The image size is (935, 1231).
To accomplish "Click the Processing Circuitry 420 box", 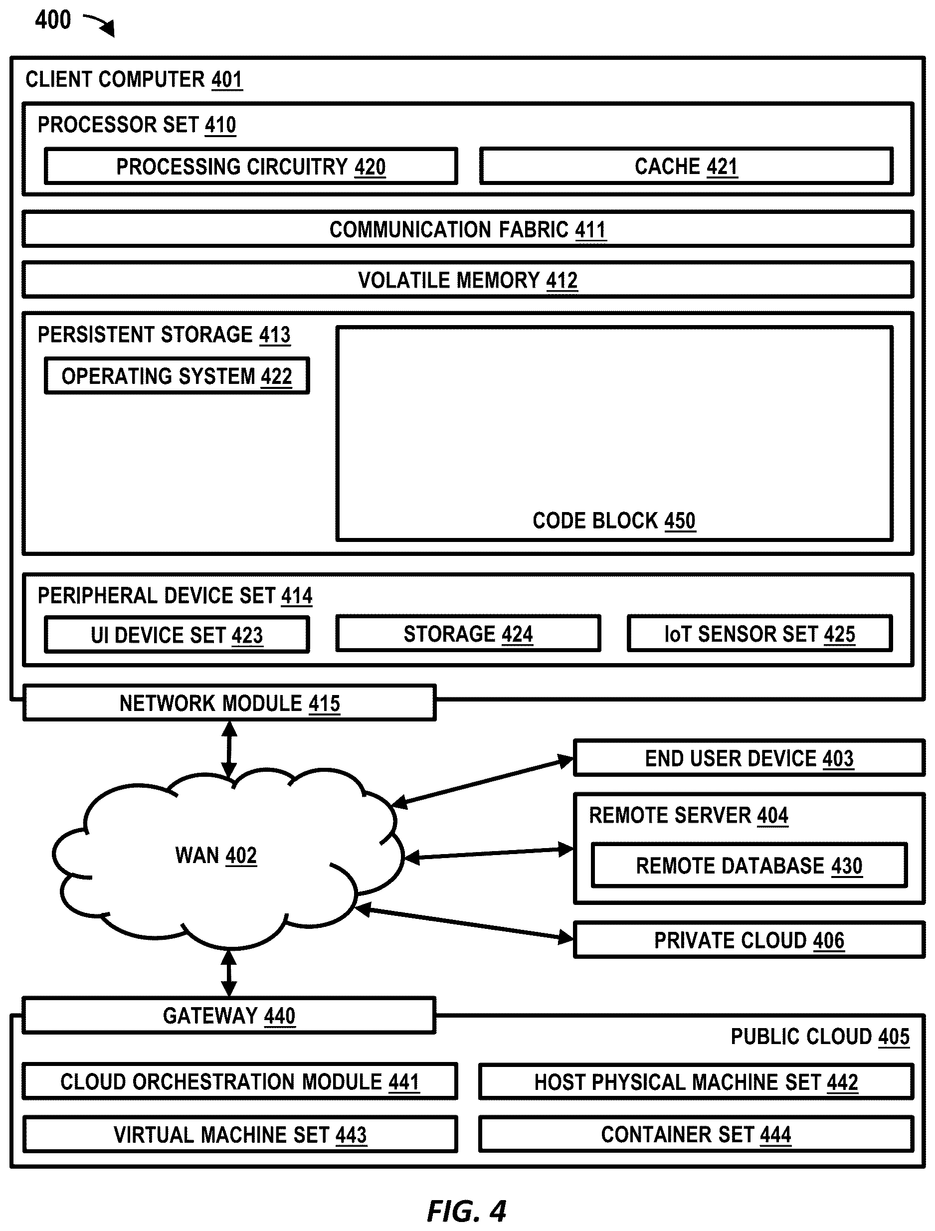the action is click(x=251, y=166).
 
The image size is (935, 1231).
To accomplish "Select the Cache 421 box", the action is click(x=686, y=166).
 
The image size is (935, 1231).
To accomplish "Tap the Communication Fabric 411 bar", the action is click(x=468, y=229).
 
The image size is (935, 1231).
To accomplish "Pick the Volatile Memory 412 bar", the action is click(x=468, y=279).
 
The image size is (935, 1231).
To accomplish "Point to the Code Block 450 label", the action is click(x=614, y=521).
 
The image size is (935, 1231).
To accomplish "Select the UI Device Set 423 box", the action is click(x=177, y=634).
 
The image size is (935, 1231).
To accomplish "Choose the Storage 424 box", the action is click(x=468, y=633).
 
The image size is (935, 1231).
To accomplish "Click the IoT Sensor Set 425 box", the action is click(x=759, y=633).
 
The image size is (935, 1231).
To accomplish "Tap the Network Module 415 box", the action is click(x=229, y=703).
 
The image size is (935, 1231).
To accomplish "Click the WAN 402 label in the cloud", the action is click(x=216, y=856).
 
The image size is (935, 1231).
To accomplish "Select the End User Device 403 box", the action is click(x=749, y=758).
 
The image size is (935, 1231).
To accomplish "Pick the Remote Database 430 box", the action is click(x=749, y=866).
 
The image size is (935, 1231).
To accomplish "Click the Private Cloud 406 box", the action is click(x=749, y=940).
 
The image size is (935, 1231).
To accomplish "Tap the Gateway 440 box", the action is click(x=229, y=1016).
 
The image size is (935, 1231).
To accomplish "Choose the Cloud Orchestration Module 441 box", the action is click(x=240, y=1081).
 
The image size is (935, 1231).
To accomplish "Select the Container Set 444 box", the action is click(x=696, y=1134).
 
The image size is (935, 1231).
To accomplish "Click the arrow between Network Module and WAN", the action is click(x=229, y=750).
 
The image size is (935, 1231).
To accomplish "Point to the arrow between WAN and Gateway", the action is click(x=229, y=973).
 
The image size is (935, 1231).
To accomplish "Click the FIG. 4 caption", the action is click(x=466, y=1211).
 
